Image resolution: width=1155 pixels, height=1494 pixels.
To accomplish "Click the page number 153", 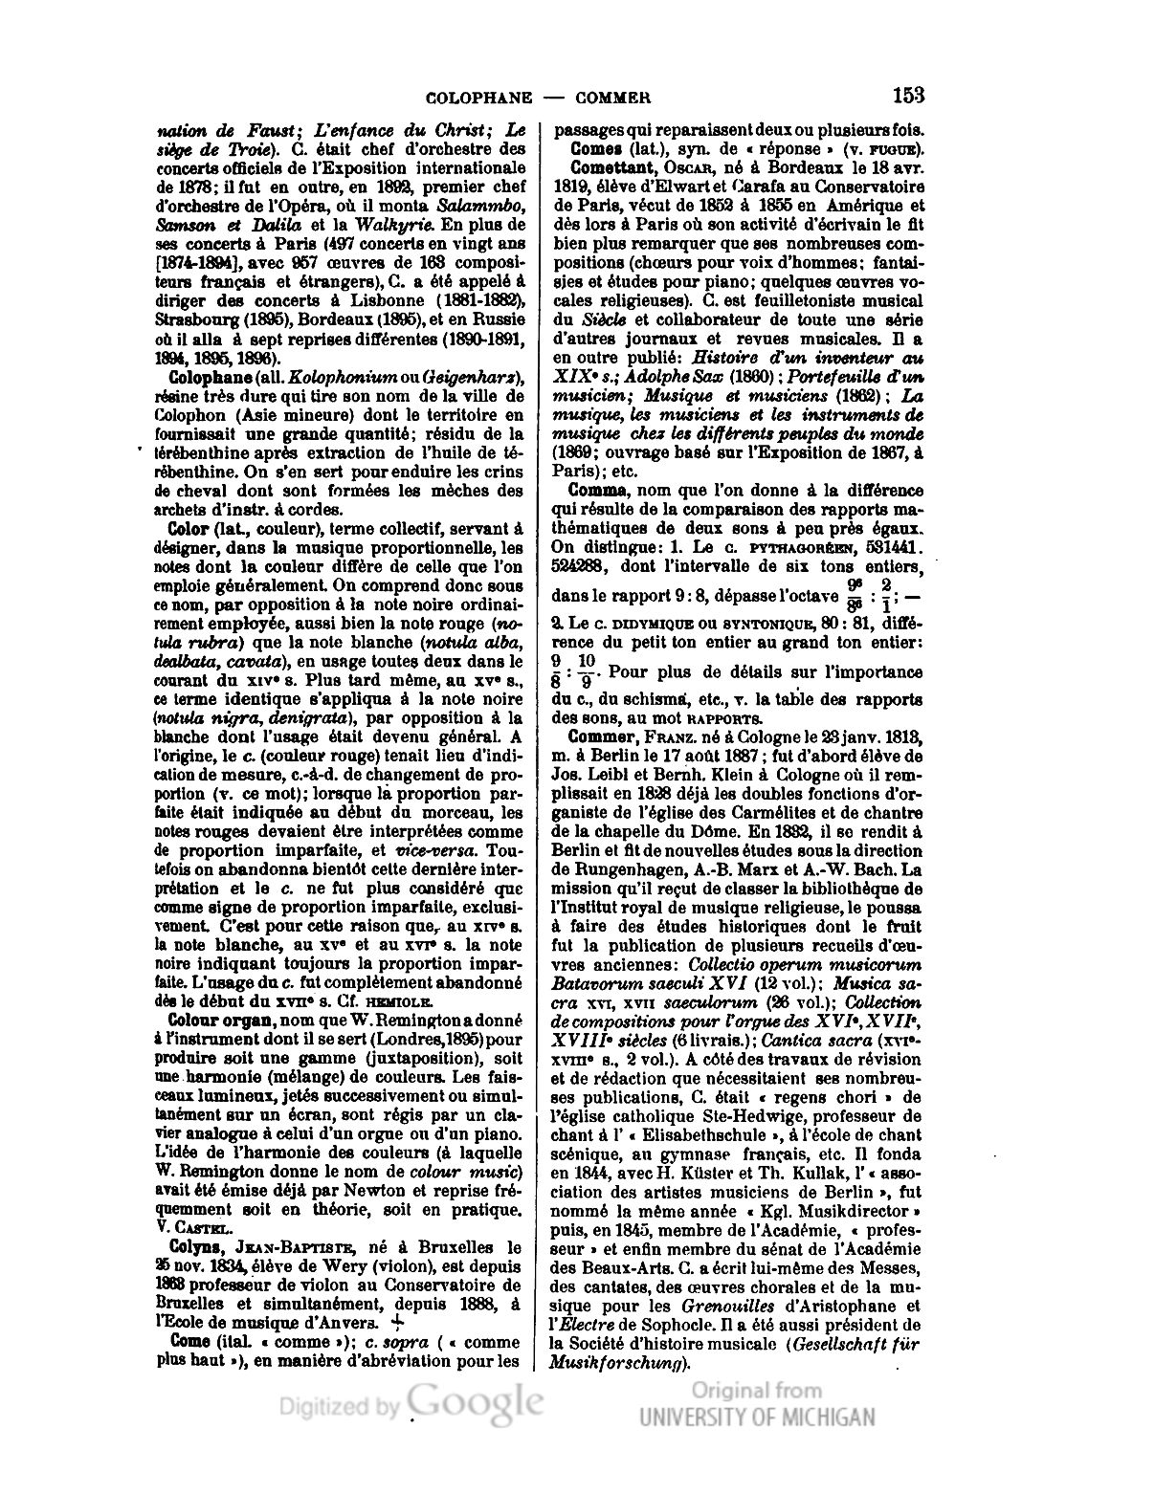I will [x=907, y=95].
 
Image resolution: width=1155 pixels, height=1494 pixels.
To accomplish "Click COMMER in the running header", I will [x=613, y=98].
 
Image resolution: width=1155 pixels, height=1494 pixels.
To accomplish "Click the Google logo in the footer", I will [x=475, y=1401].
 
